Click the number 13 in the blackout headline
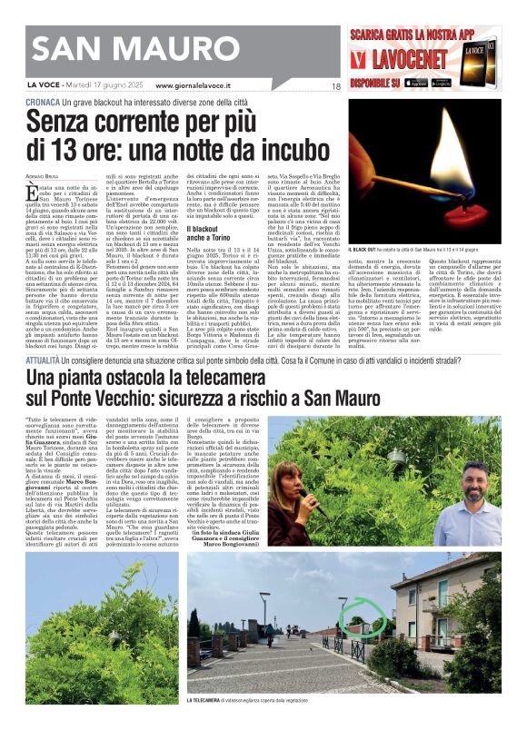coord(78,148)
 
